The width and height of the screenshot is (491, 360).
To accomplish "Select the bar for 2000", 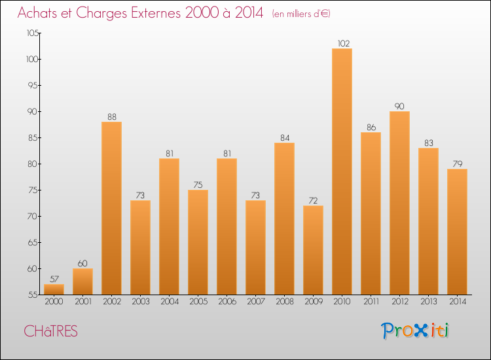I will click(54, 289).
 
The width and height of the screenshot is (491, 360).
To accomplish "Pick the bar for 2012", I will click(399, 203).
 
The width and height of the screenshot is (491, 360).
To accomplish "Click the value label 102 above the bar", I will click(342, 43).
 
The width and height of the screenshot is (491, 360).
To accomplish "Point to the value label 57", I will click(54, 279).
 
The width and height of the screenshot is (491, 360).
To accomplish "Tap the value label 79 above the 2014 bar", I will click(457, 164).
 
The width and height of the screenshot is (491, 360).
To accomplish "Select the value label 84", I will click(284, 137).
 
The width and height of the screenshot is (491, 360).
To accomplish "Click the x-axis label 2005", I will click(198, 301).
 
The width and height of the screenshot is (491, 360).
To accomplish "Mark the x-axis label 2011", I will click(371, 301).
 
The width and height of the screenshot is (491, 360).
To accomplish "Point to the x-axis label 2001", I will click(82, 301).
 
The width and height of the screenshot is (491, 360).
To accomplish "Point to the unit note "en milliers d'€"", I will click(301, 14).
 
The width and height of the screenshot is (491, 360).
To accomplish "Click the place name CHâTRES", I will click(50, 331).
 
